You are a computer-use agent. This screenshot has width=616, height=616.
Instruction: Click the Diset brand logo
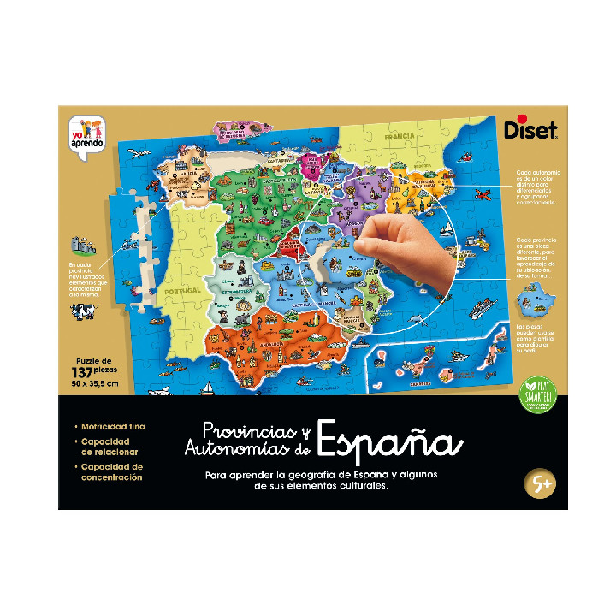[542, 131]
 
